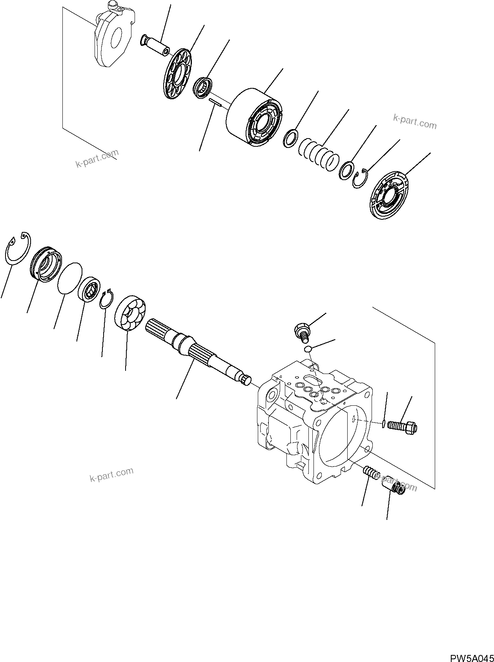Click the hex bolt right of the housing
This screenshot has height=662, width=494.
[402, 427]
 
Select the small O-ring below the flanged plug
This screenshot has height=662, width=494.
[308, 349]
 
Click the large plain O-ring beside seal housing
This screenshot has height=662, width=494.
[69, 278]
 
